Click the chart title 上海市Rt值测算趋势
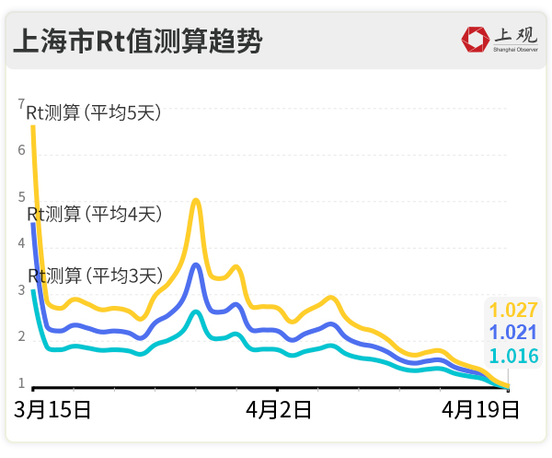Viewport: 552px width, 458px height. click(x=139, y=41)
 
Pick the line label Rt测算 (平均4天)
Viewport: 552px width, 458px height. click(x=94, y=215)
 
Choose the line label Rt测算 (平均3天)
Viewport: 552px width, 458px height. click(x=95, y=276)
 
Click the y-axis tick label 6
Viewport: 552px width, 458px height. click(x=21, y=150)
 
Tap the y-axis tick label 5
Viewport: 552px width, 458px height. click(x=21, y=196)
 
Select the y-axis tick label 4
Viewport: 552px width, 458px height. click(x=21, y=243)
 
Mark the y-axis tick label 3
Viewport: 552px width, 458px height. click(x=21, y=289)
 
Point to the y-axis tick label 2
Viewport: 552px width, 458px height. click(x=21, y=336)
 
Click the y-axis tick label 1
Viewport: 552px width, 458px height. click(x=21, y=382)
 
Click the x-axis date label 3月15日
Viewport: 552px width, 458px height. click(x=53, y=409)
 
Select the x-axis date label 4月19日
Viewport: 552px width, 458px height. click(x=481, y=409)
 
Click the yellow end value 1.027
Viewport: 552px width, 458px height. click(x=512, y=311)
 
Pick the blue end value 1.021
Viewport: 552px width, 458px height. click(x=512, y=334)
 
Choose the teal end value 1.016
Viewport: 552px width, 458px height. click(x=512, y=357)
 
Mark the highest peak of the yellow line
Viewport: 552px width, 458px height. click(x=196, y=201)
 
